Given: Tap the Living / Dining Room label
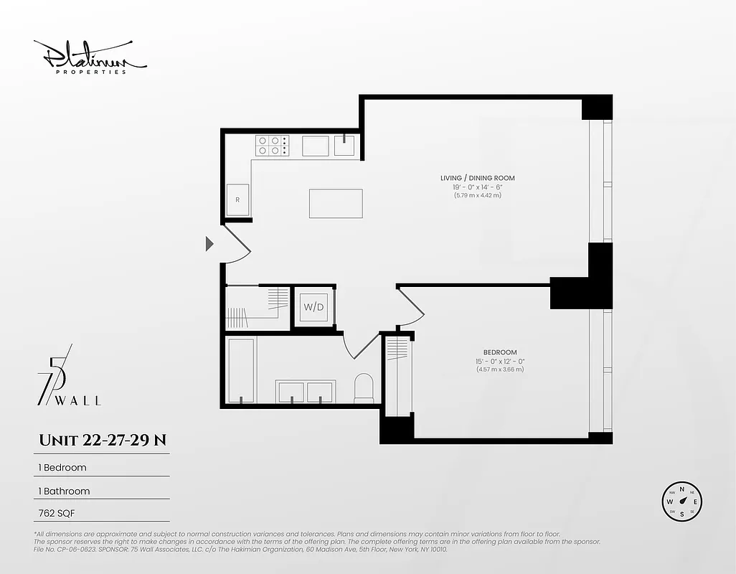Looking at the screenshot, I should (477, 178).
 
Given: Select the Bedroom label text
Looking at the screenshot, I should (499, 352).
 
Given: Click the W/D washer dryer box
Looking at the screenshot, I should (313, 307).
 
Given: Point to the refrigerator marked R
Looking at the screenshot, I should (237, 199).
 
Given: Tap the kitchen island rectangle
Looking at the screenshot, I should (336, 203).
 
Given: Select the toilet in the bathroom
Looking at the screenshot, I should (364, 387).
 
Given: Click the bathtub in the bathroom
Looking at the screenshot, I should (241, 370).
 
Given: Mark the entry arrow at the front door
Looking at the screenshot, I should (209, 244).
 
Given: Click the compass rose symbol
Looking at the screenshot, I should (681, 502).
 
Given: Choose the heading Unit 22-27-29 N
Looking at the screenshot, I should (103, 440).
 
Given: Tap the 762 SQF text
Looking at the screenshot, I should (58, 513).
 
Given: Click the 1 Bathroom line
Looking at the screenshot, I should (64, 491).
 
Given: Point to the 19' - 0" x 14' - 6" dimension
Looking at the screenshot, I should (477, 187).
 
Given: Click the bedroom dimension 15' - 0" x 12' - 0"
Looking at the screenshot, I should (499, 361).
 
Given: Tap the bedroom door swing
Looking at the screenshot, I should (412, 305).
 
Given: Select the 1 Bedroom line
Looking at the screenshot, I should (62, 468).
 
